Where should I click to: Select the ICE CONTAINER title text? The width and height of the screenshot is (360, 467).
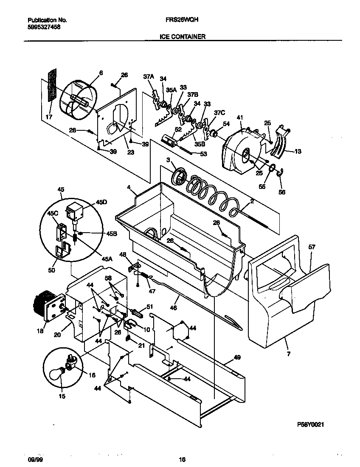pyautogui.click(x=183, y=37)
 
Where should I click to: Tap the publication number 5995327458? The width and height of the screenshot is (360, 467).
pyautogui.click(x=44, y=26)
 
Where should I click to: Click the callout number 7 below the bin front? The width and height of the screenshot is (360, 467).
pyautogui.click(x=289, y=353)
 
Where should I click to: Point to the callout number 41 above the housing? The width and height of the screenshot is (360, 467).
pyautogui.click(x=240, y=117)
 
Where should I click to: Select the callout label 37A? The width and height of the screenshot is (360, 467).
pyautogui.click(x=148, y=77)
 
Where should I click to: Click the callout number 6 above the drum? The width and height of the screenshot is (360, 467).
pyautogui.click(x=101, y=73)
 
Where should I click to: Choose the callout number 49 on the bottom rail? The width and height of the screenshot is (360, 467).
pyautogui.click(x=237, y=357)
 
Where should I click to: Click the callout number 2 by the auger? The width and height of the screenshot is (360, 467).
pyautogui.click(x=252, y=202)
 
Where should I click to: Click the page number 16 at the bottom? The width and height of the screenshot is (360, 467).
pyautogui.click(x=182, y=459)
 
